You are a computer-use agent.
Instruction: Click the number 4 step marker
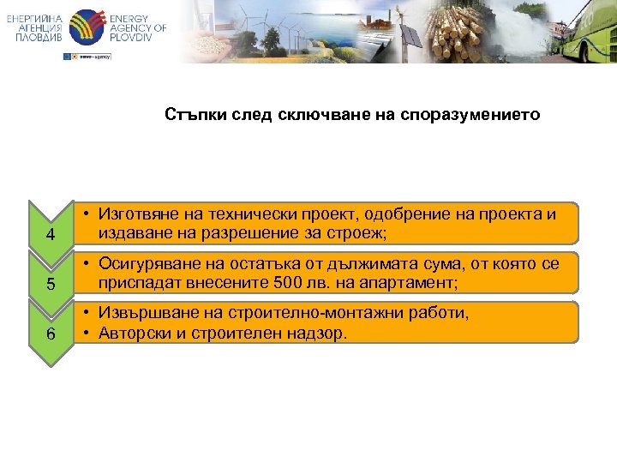pos(51,235)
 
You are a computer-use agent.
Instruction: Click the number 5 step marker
pos(51,284)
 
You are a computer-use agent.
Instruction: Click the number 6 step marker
pos(51,334)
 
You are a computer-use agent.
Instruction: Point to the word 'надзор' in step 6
pos(320,333)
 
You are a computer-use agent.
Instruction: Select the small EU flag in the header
pos(68,57)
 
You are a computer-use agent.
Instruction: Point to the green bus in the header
pos(583,34)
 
